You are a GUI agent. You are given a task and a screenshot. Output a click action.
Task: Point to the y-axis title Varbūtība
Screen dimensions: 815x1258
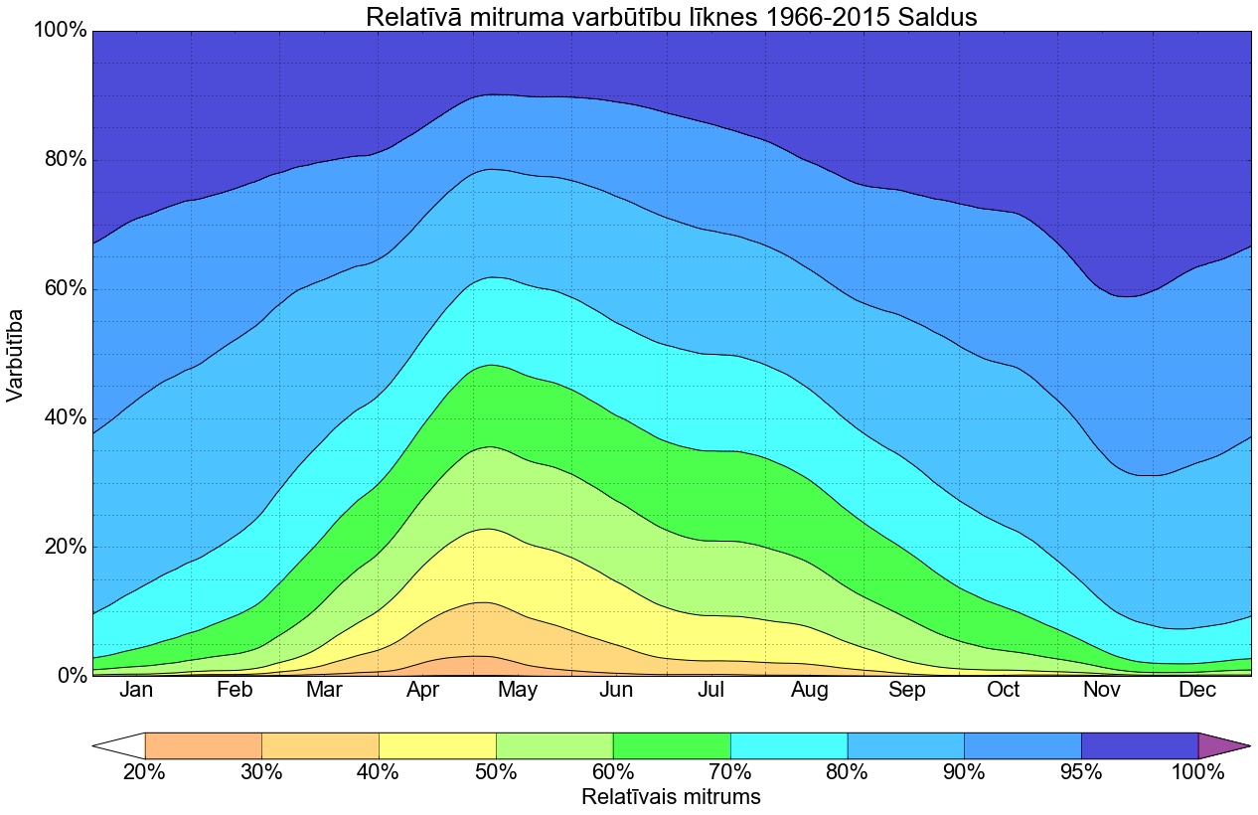(16, 353)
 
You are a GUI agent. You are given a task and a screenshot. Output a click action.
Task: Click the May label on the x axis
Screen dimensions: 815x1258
(518, 690)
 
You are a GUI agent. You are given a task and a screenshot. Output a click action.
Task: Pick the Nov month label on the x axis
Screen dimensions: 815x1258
(1101, 690)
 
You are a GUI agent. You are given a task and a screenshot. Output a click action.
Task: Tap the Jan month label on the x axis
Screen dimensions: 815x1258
(136, 690)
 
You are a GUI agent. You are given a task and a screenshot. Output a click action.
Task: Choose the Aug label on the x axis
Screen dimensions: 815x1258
(810, 690)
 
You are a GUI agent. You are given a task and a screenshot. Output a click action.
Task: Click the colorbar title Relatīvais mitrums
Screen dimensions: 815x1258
(671, 797)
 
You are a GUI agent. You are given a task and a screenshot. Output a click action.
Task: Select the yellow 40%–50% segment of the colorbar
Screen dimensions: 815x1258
(437, 745)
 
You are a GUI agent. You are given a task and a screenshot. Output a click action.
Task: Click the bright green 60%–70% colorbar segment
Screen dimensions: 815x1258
(672, 745)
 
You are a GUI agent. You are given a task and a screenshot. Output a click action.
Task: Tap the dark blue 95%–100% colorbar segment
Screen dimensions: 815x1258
(1139, 745)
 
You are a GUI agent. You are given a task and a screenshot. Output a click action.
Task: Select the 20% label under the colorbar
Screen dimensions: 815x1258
(145, 772)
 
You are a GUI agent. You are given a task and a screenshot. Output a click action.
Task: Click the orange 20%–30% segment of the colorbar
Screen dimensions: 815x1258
(203, 745)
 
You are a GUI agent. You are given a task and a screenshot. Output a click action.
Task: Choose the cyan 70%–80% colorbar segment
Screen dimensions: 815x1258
(789, 745)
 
